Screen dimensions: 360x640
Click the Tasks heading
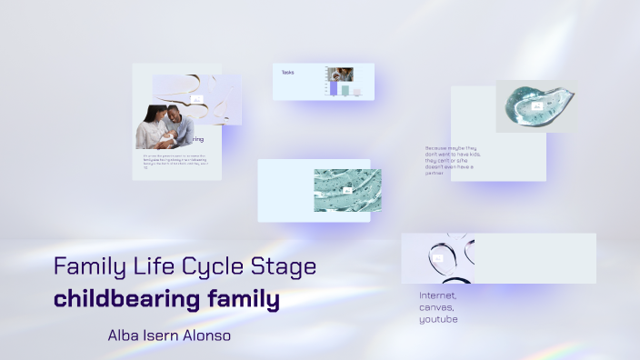[x=288, y=72]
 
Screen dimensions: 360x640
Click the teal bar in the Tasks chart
[x=345, y=91]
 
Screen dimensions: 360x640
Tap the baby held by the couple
[x=164, y=137]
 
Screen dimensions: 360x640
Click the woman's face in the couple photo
[x=154, y=115]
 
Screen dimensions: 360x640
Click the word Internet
[x=438, y=296]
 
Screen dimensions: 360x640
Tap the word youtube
[x=438, y=319]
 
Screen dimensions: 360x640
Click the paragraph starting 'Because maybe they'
[x=452, y=160]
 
